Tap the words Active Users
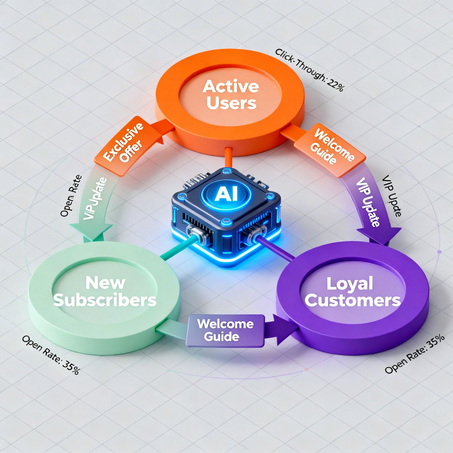pyautogui.click(x=231, y=95)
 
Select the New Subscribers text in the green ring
pyautogui.click(x=105, y=291)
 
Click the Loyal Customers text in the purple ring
pyautogui.click(x=352, y=292)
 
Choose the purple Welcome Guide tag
pyautogui.click(x=225, y=330)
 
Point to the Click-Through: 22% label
pyautogui.click(x=309, y=70)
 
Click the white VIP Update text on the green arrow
pyautogui.click(x=95, y=198)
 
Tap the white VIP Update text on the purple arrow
pyautogui.click(x=367, y=202)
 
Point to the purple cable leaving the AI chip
pyautogui.click(x=276, y=249)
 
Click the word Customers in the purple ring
pyautogui.click(x=352, y=300)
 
